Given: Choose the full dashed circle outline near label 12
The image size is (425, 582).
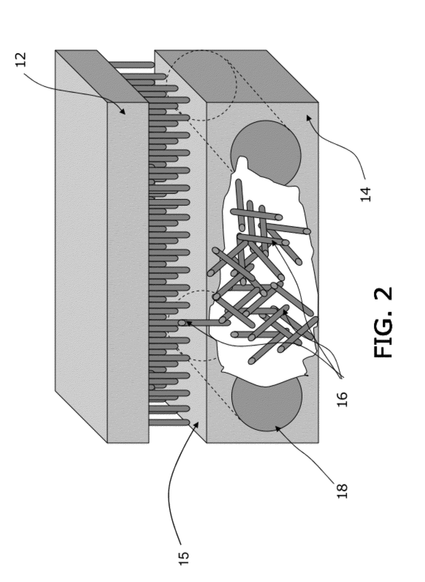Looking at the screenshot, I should coord(203,85).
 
